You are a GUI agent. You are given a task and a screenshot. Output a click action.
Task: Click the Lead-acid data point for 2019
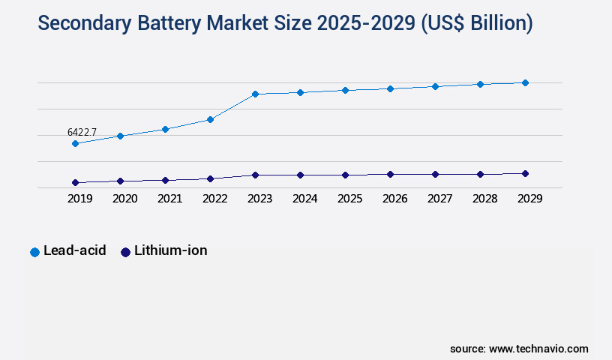[75, 143]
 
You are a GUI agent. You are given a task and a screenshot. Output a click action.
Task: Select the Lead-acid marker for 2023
[255, 94]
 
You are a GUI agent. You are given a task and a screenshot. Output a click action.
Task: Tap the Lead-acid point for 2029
[525, 82]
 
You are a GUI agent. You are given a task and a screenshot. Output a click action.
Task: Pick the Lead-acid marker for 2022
[210, 119]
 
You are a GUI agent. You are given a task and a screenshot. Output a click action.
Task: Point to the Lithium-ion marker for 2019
[75, 182]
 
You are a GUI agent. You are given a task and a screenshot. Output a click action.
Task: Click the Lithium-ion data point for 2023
[255, 175]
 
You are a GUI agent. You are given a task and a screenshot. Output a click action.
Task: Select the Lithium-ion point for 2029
[525, 173]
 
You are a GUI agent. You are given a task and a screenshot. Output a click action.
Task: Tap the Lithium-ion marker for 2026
[390, 174]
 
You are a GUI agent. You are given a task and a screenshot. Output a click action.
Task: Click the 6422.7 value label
[82, 132]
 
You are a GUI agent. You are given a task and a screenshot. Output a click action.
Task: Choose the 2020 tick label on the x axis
[124, 199]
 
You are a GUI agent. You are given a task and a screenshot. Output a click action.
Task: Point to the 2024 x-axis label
[304, 199]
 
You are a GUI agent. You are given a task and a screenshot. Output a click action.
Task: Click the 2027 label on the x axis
[439, 199]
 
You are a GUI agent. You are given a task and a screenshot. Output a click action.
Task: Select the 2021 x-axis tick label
[169, 199]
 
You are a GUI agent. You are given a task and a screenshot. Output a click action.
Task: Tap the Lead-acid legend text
[74, 250]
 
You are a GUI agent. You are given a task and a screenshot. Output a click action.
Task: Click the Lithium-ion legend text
[170, 250]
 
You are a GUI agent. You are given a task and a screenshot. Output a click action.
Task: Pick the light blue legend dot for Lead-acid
[34, 252]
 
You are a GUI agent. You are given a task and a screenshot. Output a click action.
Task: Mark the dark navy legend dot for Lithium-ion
[125, 252]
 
